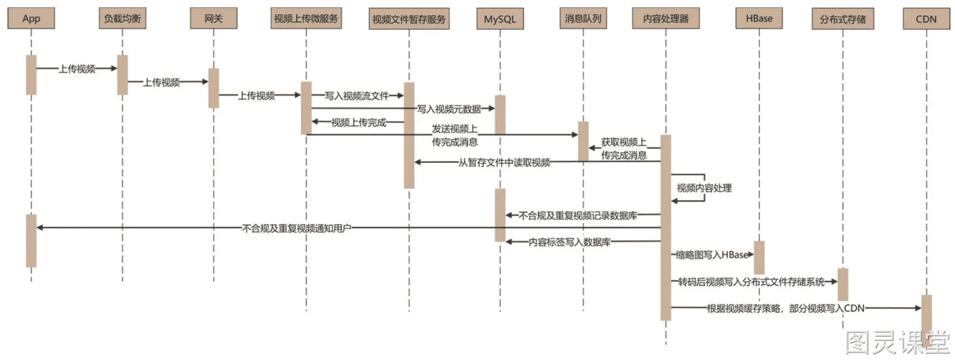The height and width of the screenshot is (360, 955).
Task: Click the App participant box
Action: (x=31, y=19)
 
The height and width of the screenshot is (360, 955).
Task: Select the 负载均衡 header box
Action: (x=122, y=19)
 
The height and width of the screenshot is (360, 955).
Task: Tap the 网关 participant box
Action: (x=214, y=19)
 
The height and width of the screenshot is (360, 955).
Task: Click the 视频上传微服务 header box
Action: (x=306, y=19)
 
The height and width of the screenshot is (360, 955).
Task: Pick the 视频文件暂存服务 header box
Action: (x=409, y=19)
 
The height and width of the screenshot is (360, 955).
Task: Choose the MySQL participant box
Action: (x=500, y=19)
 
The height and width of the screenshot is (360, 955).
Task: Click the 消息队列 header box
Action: (x=583, y=19)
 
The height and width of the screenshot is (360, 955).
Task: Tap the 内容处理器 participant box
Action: (x=666, y=19)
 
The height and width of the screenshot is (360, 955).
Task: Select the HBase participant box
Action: (x=759, y=19)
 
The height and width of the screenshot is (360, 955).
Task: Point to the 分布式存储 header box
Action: (x=843, y=19)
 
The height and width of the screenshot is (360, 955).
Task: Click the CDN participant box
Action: (x=926, y=19)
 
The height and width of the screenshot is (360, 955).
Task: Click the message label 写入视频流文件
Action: (x=357, y=96)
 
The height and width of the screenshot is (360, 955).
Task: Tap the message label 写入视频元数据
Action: (x=449, y=109)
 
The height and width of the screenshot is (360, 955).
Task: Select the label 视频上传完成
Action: (x=359, y=123)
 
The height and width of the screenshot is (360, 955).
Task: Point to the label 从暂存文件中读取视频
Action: (x=504, y=162)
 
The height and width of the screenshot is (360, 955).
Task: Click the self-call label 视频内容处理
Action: (x=704, y=188)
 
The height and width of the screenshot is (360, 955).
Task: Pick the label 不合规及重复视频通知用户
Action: (x=297, y=229)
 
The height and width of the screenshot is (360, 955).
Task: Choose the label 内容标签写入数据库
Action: (x=569, y=242)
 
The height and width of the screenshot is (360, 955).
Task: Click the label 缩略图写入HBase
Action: (x=713, y=255)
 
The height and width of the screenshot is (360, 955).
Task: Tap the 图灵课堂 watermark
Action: (x=898, y=342)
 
